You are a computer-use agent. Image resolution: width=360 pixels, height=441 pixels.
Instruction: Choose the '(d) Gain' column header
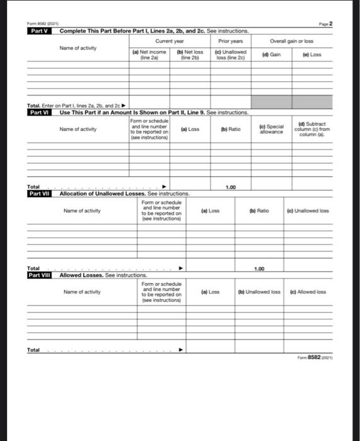click(272, 55)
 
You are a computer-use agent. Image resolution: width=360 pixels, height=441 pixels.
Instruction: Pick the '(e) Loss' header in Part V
click(312, 55)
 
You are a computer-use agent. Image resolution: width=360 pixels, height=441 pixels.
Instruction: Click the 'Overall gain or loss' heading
click(292, 41)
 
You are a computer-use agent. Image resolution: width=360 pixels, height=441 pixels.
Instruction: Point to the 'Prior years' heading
click(231, 41)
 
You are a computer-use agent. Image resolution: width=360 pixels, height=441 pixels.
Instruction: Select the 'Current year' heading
click(170, 41)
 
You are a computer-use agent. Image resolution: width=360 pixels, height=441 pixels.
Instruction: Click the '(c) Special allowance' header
click(272, 129)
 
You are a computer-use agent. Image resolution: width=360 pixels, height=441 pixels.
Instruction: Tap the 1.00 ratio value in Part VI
click(231, 187)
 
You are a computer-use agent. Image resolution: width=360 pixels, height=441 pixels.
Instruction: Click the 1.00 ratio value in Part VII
click(258, 268)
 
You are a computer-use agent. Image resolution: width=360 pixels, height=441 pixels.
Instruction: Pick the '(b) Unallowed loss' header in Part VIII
click(258, 292)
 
